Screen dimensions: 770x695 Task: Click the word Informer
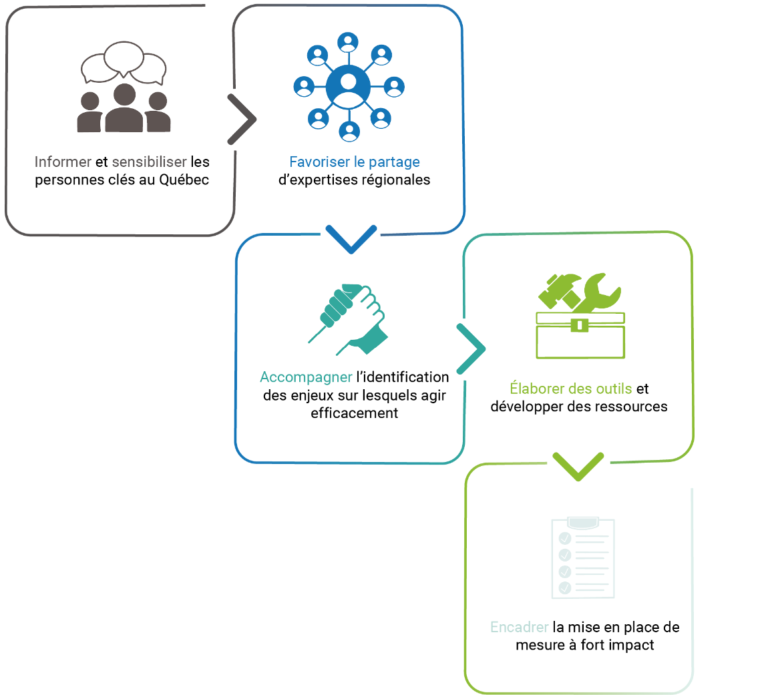point(63,162)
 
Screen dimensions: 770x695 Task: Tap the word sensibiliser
point(150,162)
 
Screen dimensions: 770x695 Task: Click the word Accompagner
point(306,377)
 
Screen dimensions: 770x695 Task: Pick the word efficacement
point(354,413)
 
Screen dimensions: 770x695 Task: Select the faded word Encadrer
point(519,627)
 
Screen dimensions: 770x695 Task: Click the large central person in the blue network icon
point(348,87)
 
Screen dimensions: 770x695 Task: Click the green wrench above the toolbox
point(596,293)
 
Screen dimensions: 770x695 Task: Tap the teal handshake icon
point(349,319)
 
